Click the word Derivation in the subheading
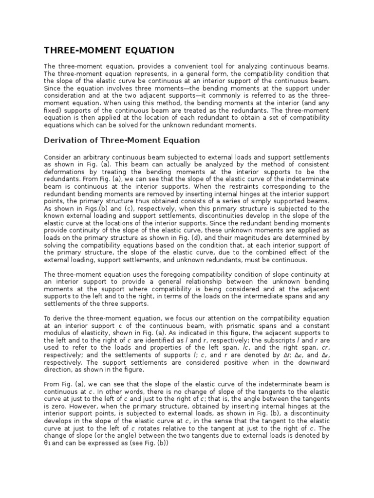pyautogui.click(x=65, y=141)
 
